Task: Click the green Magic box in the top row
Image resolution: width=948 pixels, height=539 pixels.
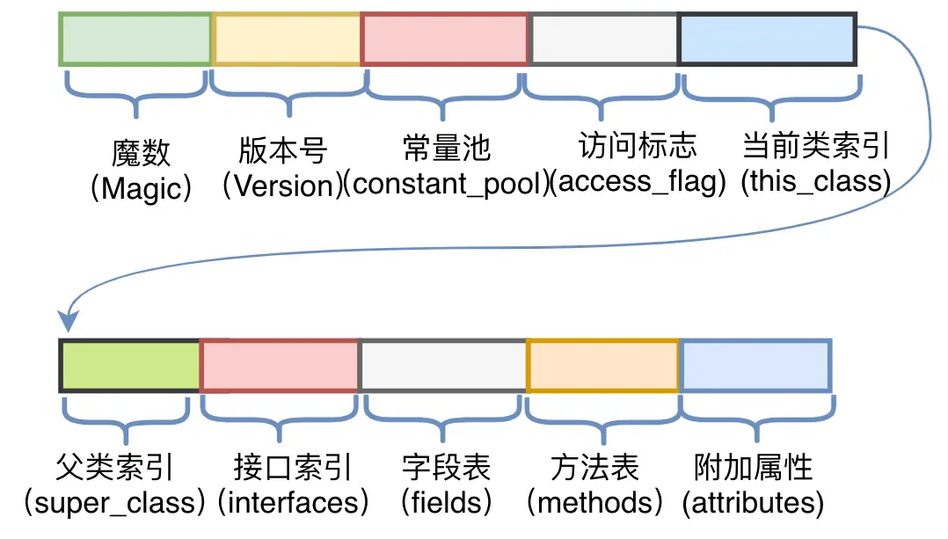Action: coord(135,39)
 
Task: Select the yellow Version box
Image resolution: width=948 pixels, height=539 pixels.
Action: coord(287,39)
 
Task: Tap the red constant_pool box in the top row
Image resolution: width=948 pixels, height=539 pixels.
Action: coord(445,39)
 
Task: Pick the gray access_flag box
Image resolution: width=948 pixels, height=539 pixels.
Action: coord(604,39)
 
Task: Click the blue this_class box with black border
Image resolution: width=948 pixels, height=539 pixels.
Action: coord(768,39)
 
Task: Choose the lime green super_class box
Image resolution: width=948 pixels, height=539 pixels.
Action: coord(130,365)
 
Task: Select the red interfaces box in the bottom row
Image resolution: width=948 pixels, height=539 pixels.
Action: coord(280,365)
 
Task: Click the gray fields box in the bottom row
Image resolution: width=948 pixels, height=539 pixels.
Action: coord(443,365)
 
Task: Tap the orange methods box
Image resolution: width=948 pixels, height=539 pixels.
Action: coord(603,365)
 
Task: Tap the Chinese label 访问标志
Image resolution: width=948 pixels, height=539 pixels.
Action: coord(638,145)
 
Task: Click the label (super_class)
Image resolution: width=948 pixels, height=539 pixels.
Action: coord(114,503)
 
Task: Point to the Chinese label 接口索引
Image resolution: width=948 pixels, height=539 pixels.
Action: coord(293,466)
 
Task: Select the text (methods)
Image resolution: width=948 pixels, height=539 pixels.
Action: coord(595,503)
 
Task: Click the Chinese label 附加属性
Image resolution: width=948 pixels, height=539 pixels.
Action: coord(754,466)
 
